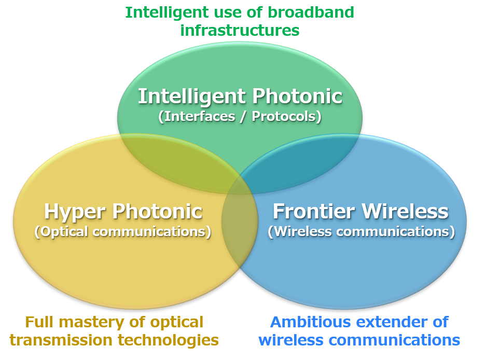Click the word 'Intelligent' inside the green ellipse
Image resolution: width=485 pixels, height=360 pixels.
tap(192, 97)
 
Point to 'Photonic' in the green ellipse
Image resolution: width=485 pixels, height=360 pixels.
tap(298, 96)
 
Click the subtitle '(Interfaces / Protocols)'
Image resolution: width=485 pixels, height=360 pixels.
tap(240, 117)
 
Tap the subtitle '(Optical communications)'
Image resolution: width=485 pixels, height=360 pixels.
tap(123, 232)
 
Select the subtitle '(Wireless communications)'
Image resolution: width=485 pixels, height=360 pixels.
tap(361, 232)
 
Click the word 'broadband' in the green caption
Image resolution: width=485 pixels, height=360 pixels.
tap(311, 12)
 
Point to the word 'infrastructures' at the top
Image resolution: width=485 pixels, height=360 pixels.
tap(240, 30)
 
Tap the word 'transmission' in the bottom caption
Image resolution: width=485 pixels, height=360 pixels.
tap(61, 340)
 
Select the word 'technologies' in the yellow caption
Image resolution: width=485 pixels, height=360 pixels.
tap(168, 341)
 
